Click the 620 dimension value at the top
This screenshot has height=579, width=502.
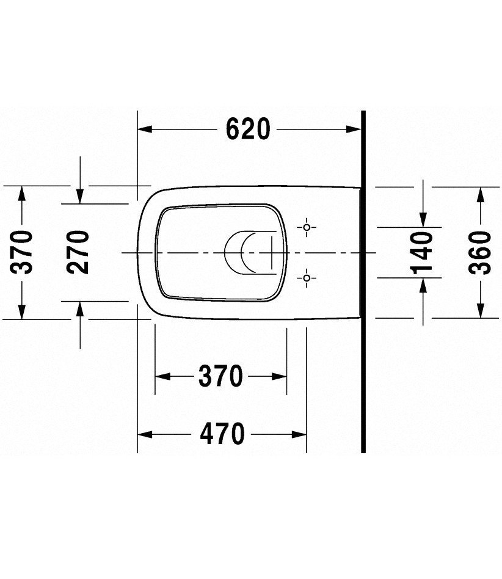click(247, 129)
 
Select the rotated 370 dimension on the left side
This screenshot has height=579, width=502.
click(23, 252)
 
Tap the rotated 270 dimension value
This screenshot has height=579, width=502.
click(78, 252)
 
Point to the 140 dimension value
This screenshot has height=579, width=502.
click(423, 252)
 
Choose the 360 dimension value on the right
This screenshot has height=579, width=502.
click(481, 252)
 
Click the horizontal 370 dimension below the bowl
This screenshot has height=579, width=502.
click(220, 376)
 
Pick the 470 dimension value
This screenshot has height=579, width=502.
click(221, 434)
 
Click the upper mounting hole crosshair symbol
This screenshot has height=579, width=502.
click(307, 227)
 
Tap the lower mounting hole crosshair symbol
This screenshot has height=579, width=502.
click(307, 279)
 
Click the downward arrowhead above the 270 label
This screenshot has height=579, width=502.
click(79, 196)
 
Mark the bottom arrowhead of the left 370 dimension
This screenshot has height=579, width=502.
click(23, 311)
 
